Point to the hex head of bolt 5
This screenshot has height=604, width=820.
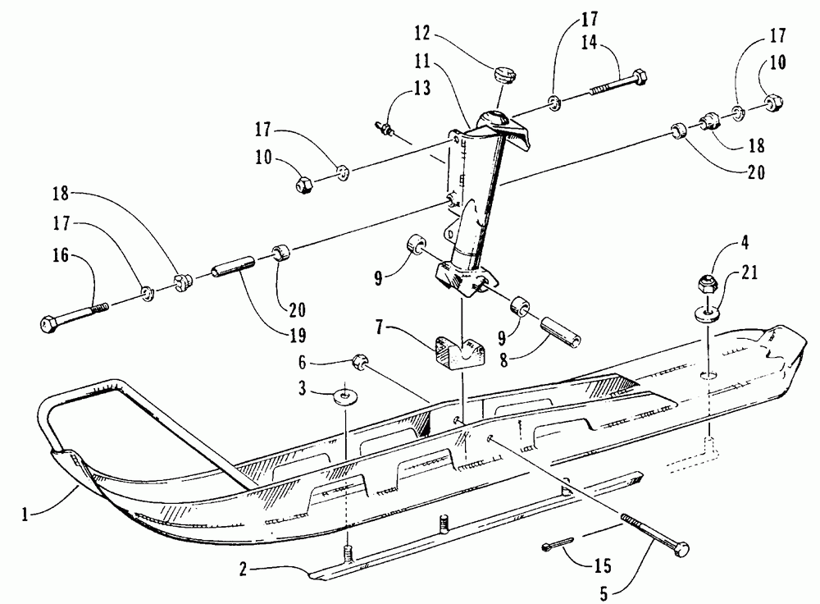pyautogui.click(x=680, y=550)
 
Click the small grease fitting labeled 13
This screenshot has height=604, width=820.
pyautogui.click(x=383, y=127)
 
